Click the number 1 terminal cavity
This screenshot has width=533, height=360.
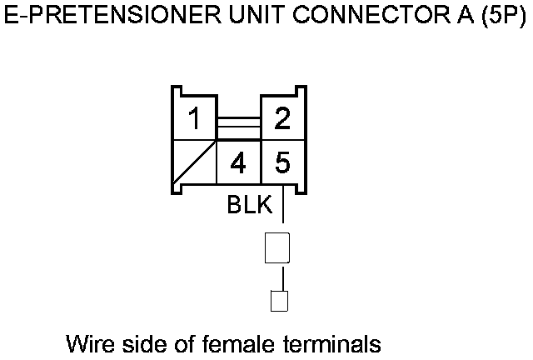(193, 120)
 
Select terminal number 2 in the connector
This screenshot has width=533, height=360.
(282, 120)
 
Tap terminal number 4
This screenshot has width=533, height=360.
(238, 163)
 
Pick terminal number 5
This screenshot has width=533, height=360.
(282, 163)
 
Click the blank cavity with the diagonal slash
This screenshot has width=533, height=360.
(193, 163)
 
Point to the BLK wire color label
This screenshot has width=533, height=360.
(250, 206)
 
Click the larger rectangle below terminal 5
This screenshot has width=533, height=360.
(277, 248)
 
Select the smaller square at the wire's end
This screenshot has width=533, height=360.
(280, 300)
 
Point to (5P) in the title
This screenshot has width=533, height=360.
(504, 17)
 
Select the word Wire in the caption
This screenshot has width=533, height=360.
(86, 342)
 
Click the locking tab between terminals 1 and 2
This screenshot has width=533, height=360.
(238, 127)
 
